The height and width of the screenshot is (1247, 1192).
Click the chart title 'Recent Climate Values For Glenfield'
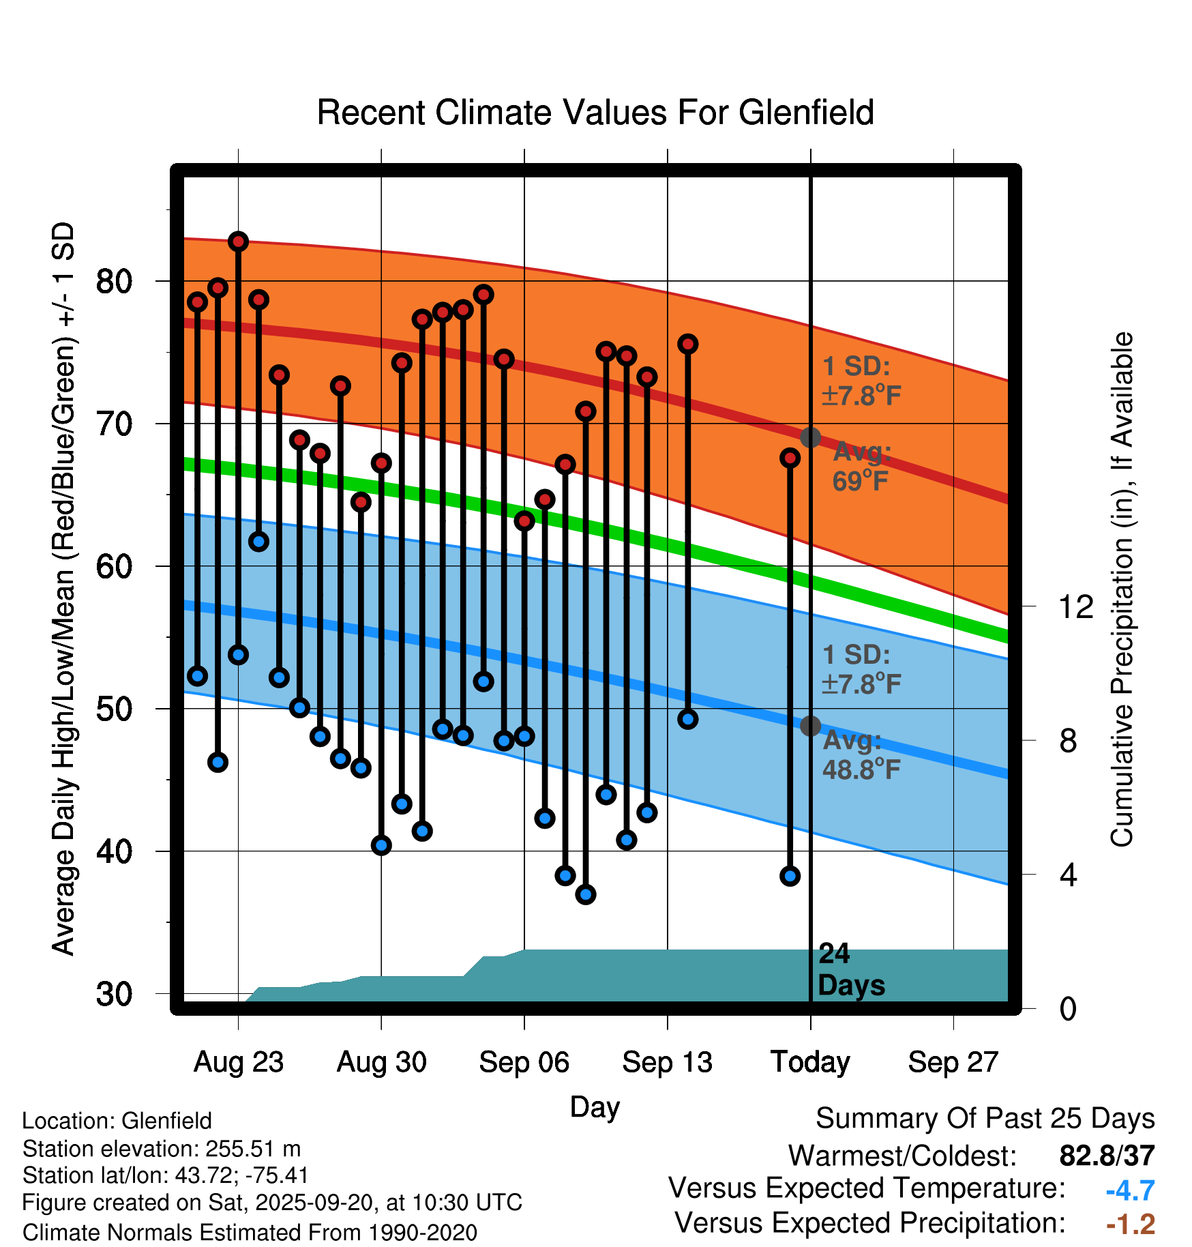tap(595, 113)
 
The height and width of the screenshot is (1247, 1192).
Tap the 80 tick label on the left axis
tap(114, 281)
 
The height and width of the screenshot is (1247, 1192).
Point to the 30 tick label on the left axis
tap(114, 994)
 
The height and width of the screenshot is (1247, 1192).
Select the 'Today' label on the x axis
tap(810, 1062)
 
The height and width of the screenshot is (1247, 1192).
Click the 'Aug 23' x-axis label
tap(238, 1062)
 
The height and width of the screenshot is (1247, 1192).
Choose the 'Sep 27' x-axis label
tap(953, 1062)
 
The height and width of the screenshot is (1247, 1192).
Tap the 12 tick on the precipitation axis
tap(1075, 606)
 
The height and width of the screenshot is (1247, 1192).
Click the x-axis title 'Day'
tap(595, 1106)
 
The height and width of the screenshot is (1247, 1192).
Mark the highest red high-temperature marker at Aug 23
tap(238, 241)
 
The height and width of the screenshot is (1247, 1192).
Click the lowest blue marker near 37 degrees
tap(586, 894)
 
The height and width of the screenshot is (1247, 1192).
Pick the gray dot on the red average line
tap(810, 437)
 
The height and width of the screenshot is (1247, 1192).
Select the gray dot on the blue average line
tap(810, 726)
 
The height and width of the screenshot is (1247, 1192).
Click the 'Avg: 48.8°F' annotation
tap(861, 755)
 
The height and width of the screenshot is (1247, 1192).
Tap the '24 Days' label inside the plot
tap(850, 969)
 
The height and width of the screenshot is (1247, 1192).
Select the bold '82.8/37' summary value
tap(1107, 1156)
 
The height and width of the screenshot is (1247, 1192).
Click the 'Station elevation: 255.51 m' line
tap(162, 1149)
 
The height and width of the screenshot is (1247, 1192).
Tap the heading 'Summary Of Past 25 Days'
tap(985, 1119)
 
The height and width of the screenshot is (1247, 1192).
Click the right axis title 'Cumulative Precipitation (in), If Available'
tap(1122, 589)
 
